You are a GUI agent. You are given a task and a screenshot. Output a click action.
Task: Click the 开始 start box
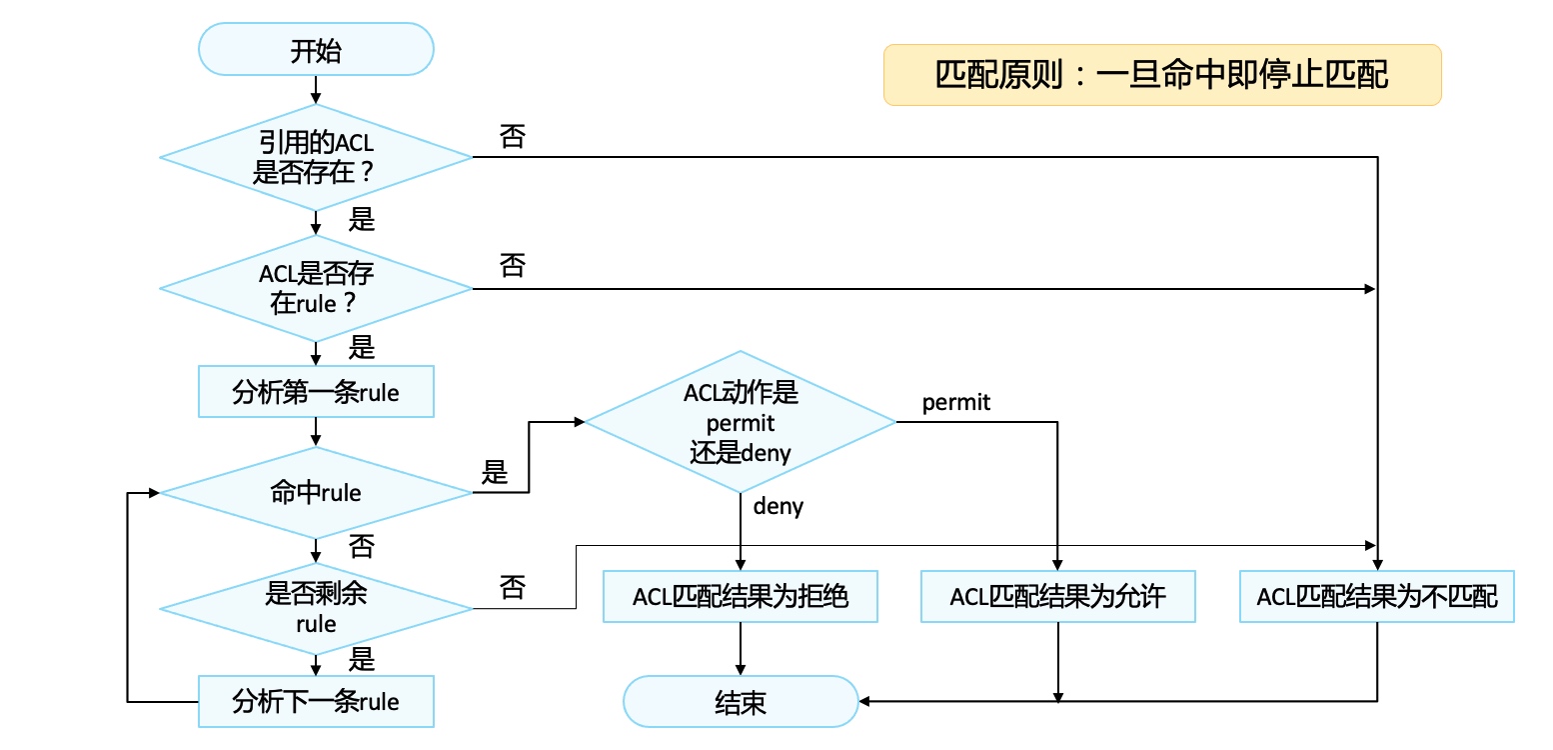[x=316, y=50]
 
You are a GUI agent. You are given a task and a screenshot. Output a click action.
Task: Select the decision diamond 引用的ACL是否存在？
[x=316, y=157]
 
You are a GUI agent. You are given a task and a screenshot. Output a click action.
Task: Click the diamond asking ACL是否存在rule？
[x=316, y=288]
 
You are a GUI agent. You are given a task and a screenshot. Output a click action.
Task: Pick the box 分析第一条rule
[x=316, y=391]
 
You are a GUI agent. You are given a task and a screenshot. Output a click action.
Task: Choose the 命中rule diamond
[x=316, y=492]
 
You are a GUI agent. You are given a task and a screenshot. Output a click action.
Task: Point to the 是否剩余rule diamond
[x=316, y=608]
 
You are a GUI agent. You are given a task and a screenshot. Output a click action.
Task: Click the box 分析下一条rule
[x=316, y=701]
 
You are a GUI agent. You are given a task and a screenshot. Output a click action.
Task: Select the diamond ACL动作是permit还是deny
[x=741, y=422]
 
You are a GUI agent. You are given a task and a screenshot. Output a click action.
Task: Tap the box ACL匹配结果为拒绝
[x=741, y=597]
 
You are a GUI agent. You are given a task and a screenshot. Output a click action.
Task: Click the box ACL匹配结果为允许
[x=1057, y=597]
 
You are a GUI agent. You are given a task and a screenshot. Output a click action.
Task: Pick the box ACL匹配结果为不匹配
[x=1377, y=597]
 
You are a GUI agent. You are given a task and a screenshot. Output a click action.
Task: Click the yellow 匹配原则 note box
[x=1162, y=75]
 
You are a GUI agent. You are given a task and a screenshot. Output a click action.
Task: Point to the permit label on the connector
[x=956, y=402]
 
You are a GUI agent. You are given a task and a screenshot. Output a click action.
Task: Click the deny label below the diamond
[x=778, y=506]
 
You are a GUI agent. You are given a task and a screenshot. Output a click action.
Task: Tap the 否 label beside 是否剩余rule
[x=512, y=587]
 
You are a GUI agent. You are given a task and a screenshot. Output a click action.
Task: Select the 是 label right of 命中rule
[x=495, y=472]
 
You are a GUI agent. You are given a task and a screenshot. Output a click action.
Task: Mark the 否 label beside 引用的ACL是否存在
[x=512, y=137]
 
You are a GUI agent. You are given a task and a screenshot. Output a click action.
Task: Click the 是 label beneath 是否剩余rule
[x=361, y=660]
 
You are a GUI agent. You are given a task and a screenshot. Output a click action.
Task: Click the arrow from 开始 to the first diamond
[x=316, y=89]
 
